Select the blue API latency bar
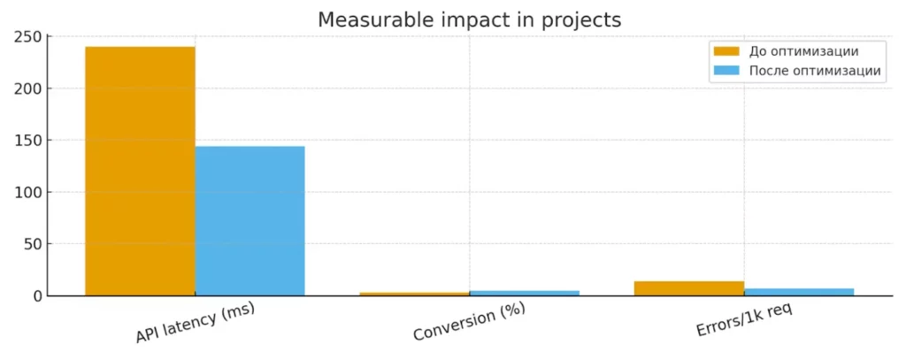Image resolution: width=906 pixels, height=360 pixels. [250, 220]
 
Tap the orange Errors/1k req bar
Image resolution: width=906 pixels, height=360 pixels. [689, 288]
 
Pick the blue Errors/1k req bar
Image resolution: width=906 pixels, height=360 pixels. [799, 292]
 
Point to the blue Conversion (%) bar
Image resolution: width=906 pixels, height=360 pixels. [525, 293]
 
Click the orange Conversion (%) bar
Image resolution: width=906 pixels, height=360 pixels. [414, 294]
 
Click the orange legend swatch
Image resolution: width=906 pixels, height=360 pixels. [726, 51]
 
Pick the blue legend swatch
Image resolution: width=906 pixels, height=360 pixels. [726, 71]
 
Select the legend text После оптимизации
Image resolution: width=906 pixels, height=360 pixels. [814, 71]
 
